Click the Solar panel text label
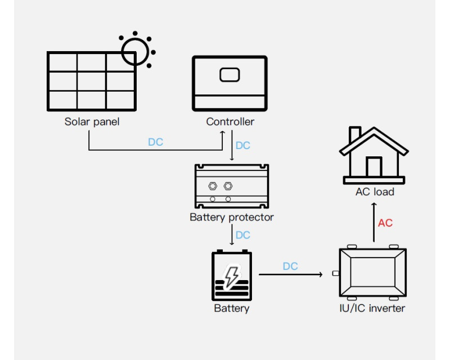pos(92,121)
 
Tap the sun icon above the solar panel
pos(136,49)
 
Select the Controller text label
pos(230,121)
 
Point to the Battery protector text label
pos(232,217)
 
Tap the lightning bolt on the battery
pos(231,276)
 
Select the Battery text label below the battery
pos(231,308)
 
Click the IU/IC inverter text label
pos(372,308)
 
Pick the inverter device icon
pos(372,272)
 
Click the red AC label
pos(385,223)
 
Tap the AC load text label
pos(375,192)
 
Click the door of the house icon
pos(374,166)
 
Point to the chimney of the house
pos(355,135)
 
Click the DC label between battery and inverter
pos(290,266)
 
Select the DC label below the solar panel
pos(156,142)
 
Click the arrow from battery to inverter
pos(290,274)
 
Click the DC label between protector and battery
pos(243,235)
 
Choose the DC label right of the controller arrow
pos(243,146)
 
